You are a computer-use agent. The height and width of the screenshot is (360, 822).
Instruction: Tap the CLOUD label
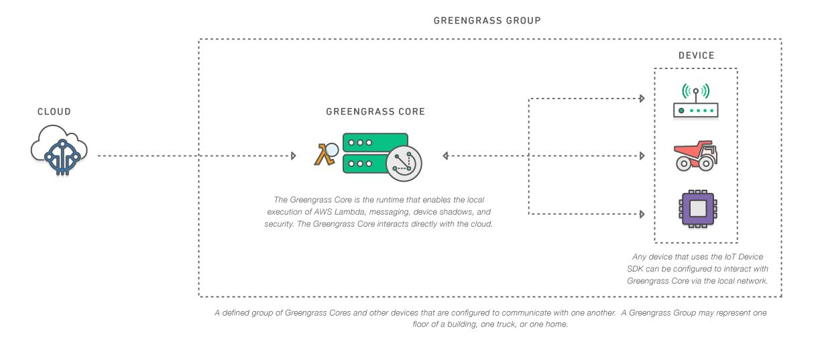click(x=54, y=112)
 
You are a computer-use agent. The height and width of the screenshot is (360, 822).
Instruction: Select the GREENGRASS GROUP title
click(x=487, y=21)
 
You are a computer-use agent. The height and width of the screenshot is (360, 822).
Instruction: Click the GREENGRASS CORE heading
click(x=375, y=112)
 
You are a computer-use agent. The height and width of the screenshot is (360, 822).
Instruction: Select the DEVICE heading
click(x=696, y=56)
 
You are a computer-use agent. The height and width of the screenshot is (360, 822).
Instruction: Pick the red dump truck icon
click(x=695, y=156)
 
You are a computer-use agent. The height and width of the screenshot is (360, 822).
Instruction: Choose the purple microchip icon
click(x=695, y=208)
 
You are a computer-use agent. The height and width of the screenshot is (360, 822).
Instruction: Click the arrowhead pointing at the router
click(x=642, y=99)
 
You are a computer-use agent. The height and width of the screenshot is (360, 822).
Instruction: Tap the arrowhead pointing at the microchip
click(x=642, y=215)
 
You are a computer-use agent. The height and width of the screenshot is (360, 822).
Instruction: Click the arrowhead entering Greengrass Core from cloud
click(x=293, y=156)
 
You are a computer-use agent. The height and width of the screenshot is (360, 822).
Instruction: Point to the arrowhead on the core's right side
click(x=446, y=156)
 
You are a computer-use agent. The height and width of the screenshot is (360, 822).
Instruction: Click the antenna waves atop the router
click(x=695, y=91)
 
